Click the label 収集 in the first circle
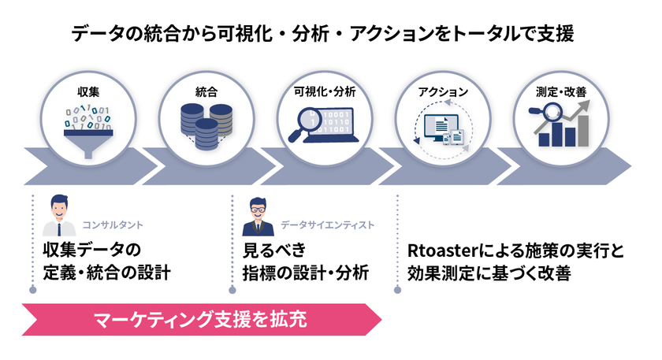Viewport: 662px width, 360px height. [x=87, y=92]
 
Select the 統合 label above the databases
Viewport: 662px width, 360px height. [x=206, y=92]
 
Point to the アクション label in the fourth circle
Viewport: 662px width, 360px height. [x=442, y=92]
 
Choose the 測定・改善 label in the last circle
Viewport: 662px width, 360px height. [x=560, y=92]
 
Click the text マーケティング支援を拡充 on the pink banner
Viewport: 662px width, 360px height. [x=199, y=320]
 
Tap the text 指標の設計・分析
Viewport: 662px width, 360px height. [x=306, y=273]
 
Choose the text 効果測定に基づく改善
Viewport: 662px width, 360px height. [x=491, y=274]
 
